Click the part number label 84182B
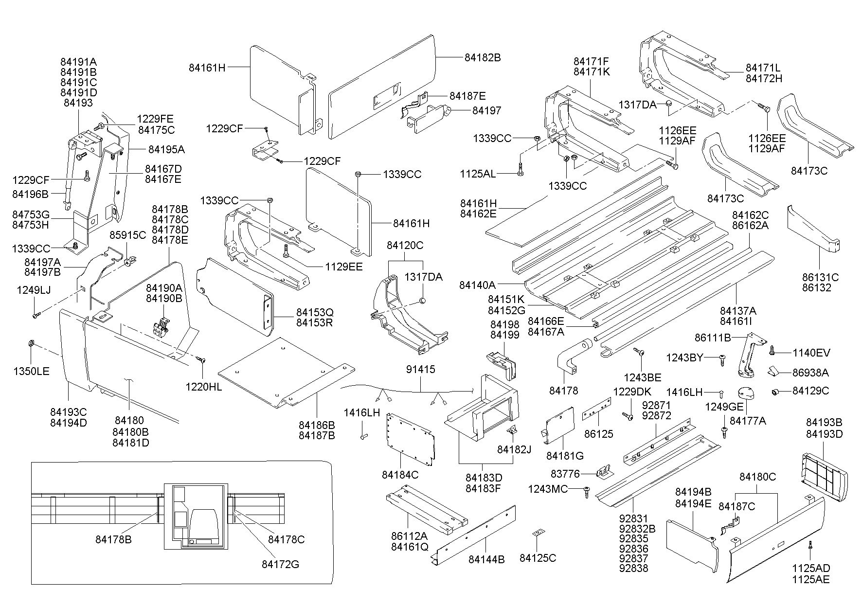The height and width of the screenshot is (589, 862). (x=483, y=57)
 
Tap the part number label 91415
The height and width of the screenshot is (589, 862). (x=421, y=370)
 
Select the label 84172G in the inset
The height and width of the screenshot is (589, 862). (x=280, y=564)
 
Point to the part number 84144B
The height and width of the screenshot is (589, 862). (x=486, y=560)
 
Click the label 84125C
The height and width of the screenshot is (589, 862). (x=538, y=558)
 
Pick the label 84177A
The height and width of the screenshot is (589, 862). (x=748, y=421)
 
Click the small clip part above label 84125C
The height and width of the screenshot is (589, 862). (x=537, y=534)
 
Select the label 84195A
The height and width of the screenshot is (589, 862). (x=166, y=149)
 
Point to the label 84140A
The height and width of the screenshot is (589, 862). (x=477, y=285)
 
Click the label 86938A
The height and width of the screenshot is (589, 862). (x=810, y=373)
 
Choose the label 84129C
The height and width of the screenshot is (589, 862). (x=810, y=391)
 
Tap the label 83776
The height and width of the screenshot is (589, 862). (x=565, y=473)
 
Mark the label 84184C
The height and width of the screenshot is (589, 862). (x=400, y=475)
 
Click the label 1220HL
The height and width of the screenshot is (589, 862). (x=203, y=387)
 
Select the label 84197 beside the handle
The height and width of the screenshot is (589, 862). (x=486, y=111)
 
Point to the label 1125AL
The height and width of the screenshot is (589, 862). (x=478, y=174)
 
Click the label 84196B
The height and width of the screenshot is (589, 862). (x=30, y=195)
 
